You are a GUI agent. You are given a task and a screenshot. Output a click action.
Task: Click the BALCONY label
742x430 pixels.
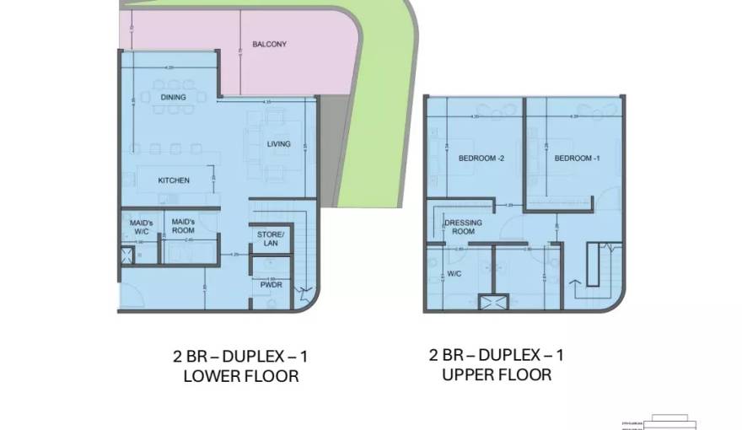click(x=269, y=44)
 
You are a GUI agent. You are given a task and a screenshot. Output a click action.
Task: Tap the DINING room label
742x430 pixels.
click(x=173, y=98)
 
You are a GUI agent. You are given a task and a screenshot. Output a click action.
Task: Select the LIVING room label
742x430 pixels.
click(x=278, y=144)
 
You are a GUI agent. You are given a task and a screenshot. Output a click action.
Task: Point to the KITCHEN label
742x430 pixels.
click(x=174, y=180)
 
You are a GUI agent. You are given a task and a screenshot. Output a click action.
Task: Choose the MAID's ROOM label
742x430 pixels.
click(x=183, y=226)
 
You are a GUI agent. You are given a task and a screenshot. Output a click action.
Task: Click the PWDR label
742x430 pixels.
click(x=272, y=286)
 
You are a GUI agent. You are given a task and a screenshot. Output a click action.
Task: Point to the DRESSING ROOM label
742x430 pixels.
click(x=463, y=227)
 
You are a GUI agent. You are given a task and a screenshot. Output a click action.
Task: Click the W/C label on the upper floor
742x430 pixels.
click(x=454, y=274)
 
